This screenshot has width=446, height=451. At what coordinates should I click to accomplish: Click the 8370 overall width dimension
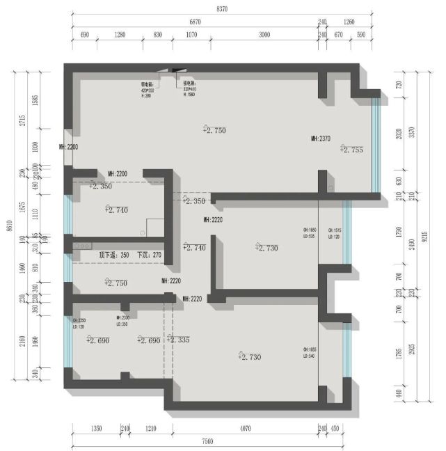coord(222,9)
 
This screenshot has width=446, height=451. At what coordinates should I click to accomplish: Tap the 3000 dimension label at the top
coord(264,34)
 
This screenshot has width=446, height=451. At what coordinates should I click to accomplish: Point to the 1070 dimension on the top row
coord(192,34)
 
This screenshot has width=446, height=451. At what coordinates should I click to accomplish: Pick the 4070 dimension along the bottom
coord(244,429)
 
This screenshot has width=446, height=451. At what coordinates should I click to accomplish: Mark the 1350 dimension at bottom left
coord(96,429)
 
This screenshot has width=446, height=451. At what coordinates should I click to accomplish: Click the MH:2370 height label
coord(320,139)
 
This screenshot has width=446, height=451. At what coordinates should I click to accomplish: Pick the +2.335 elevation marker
coord(178,340)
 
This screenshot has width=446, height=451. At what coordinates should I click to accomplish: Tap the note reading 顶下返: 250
coord(114,255)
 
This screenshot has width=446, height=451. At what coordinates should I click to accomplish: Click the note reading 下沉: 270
coord(150,255)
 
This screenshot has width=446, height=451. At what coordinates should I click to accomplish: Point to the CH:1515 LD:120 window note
coord(333,233)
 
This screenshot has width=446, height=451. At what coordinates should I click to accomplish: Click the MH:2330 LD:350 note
coord(122,321)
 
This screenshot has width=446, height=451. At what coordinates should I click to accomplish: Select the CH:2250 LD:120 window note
coord(79,324)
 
